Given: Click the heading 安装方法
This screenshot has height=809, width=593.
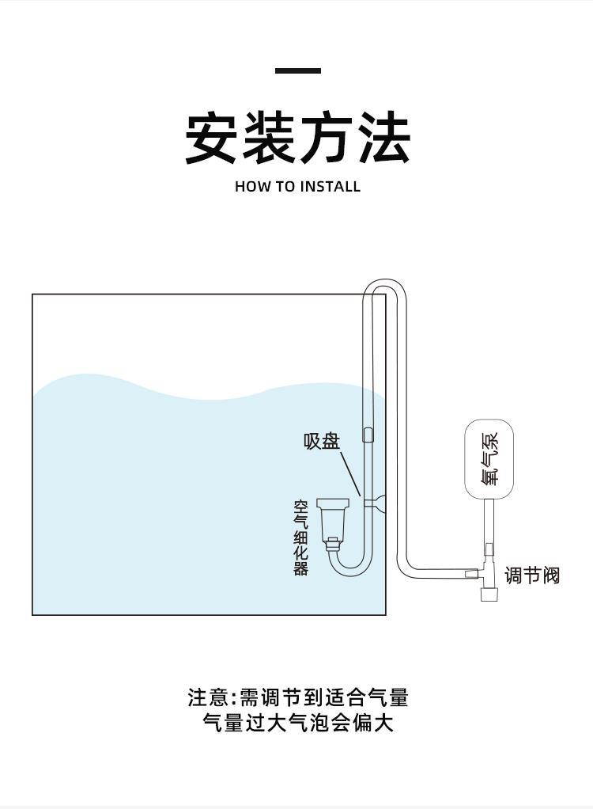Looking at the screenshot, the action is point(297,139).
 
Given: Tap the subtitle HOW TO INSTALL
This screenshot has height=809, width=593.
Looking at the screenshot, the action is point(297,187).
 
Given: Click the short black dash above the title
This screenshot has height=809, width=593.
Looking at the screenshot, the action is point(297,71).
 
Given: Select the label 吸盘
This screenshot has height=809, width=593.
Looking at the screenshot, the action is point(321,441).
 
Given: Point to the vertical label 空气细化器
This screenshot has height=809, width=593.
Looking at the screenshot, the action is point(300,537).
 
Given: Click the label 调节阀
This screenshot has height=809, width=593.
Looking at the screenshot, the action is point(531,575).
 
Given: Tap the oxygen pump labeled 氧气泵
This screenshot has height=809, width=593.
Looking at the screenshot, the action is point(489,459).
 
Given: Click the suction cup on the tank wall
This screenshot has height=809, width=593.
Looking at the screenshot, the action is point(378,500).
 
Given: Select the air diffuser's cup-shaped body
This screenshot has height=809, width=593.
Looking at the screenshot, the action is point(332,518).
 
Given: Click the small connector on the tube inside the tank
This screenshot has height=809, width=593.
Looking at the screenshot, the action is point(368,435).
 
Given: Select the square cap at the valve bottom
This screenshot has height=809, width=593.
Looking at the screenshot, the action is point(489,593).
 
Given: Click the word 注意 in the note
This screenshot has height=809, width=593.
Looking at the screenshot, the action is point(207,697).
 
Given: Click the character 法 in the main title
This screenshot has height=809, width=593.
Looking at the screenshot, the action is point(383,139).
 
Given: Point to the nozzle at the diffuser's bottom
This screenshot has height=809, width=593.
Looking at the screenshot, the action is point(333,545).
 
